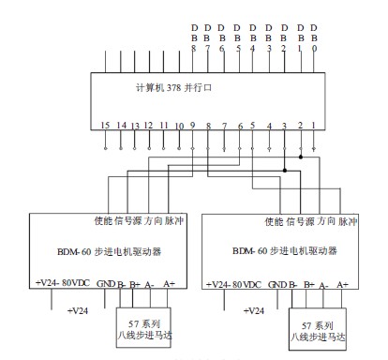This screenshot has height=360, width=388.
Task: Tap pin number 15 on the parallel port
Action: (106, 124)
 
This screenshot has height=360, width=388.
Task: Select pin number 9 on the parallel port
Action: (193, 124)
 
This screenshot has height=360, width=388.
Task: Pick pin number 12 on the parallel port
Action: (149, 124)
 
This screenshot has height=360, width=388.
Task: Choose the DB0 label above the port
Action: (314, 37)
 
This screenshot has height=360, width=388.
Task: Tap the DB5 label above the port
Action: (237, 37)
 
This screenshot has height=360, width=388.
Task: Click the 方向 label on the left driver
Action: (153, 222)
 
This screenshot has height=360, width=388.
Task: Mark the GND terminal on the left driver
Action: (105, 284)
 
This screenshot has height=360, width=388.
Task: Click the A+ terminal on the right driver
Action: (343, 284)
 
